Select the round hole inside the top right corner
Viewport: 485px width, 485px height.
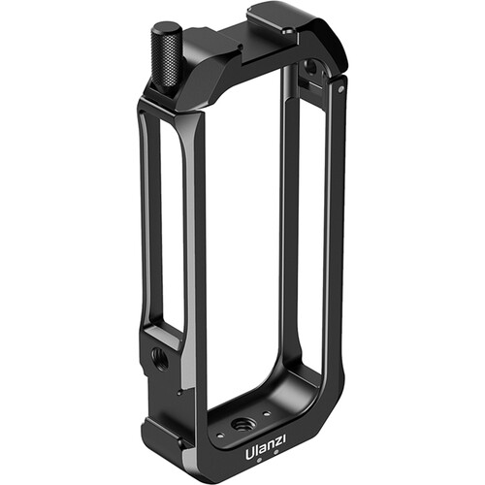(309, 70)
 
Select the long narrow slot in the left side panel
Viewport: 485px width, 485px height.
(165, 223)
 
